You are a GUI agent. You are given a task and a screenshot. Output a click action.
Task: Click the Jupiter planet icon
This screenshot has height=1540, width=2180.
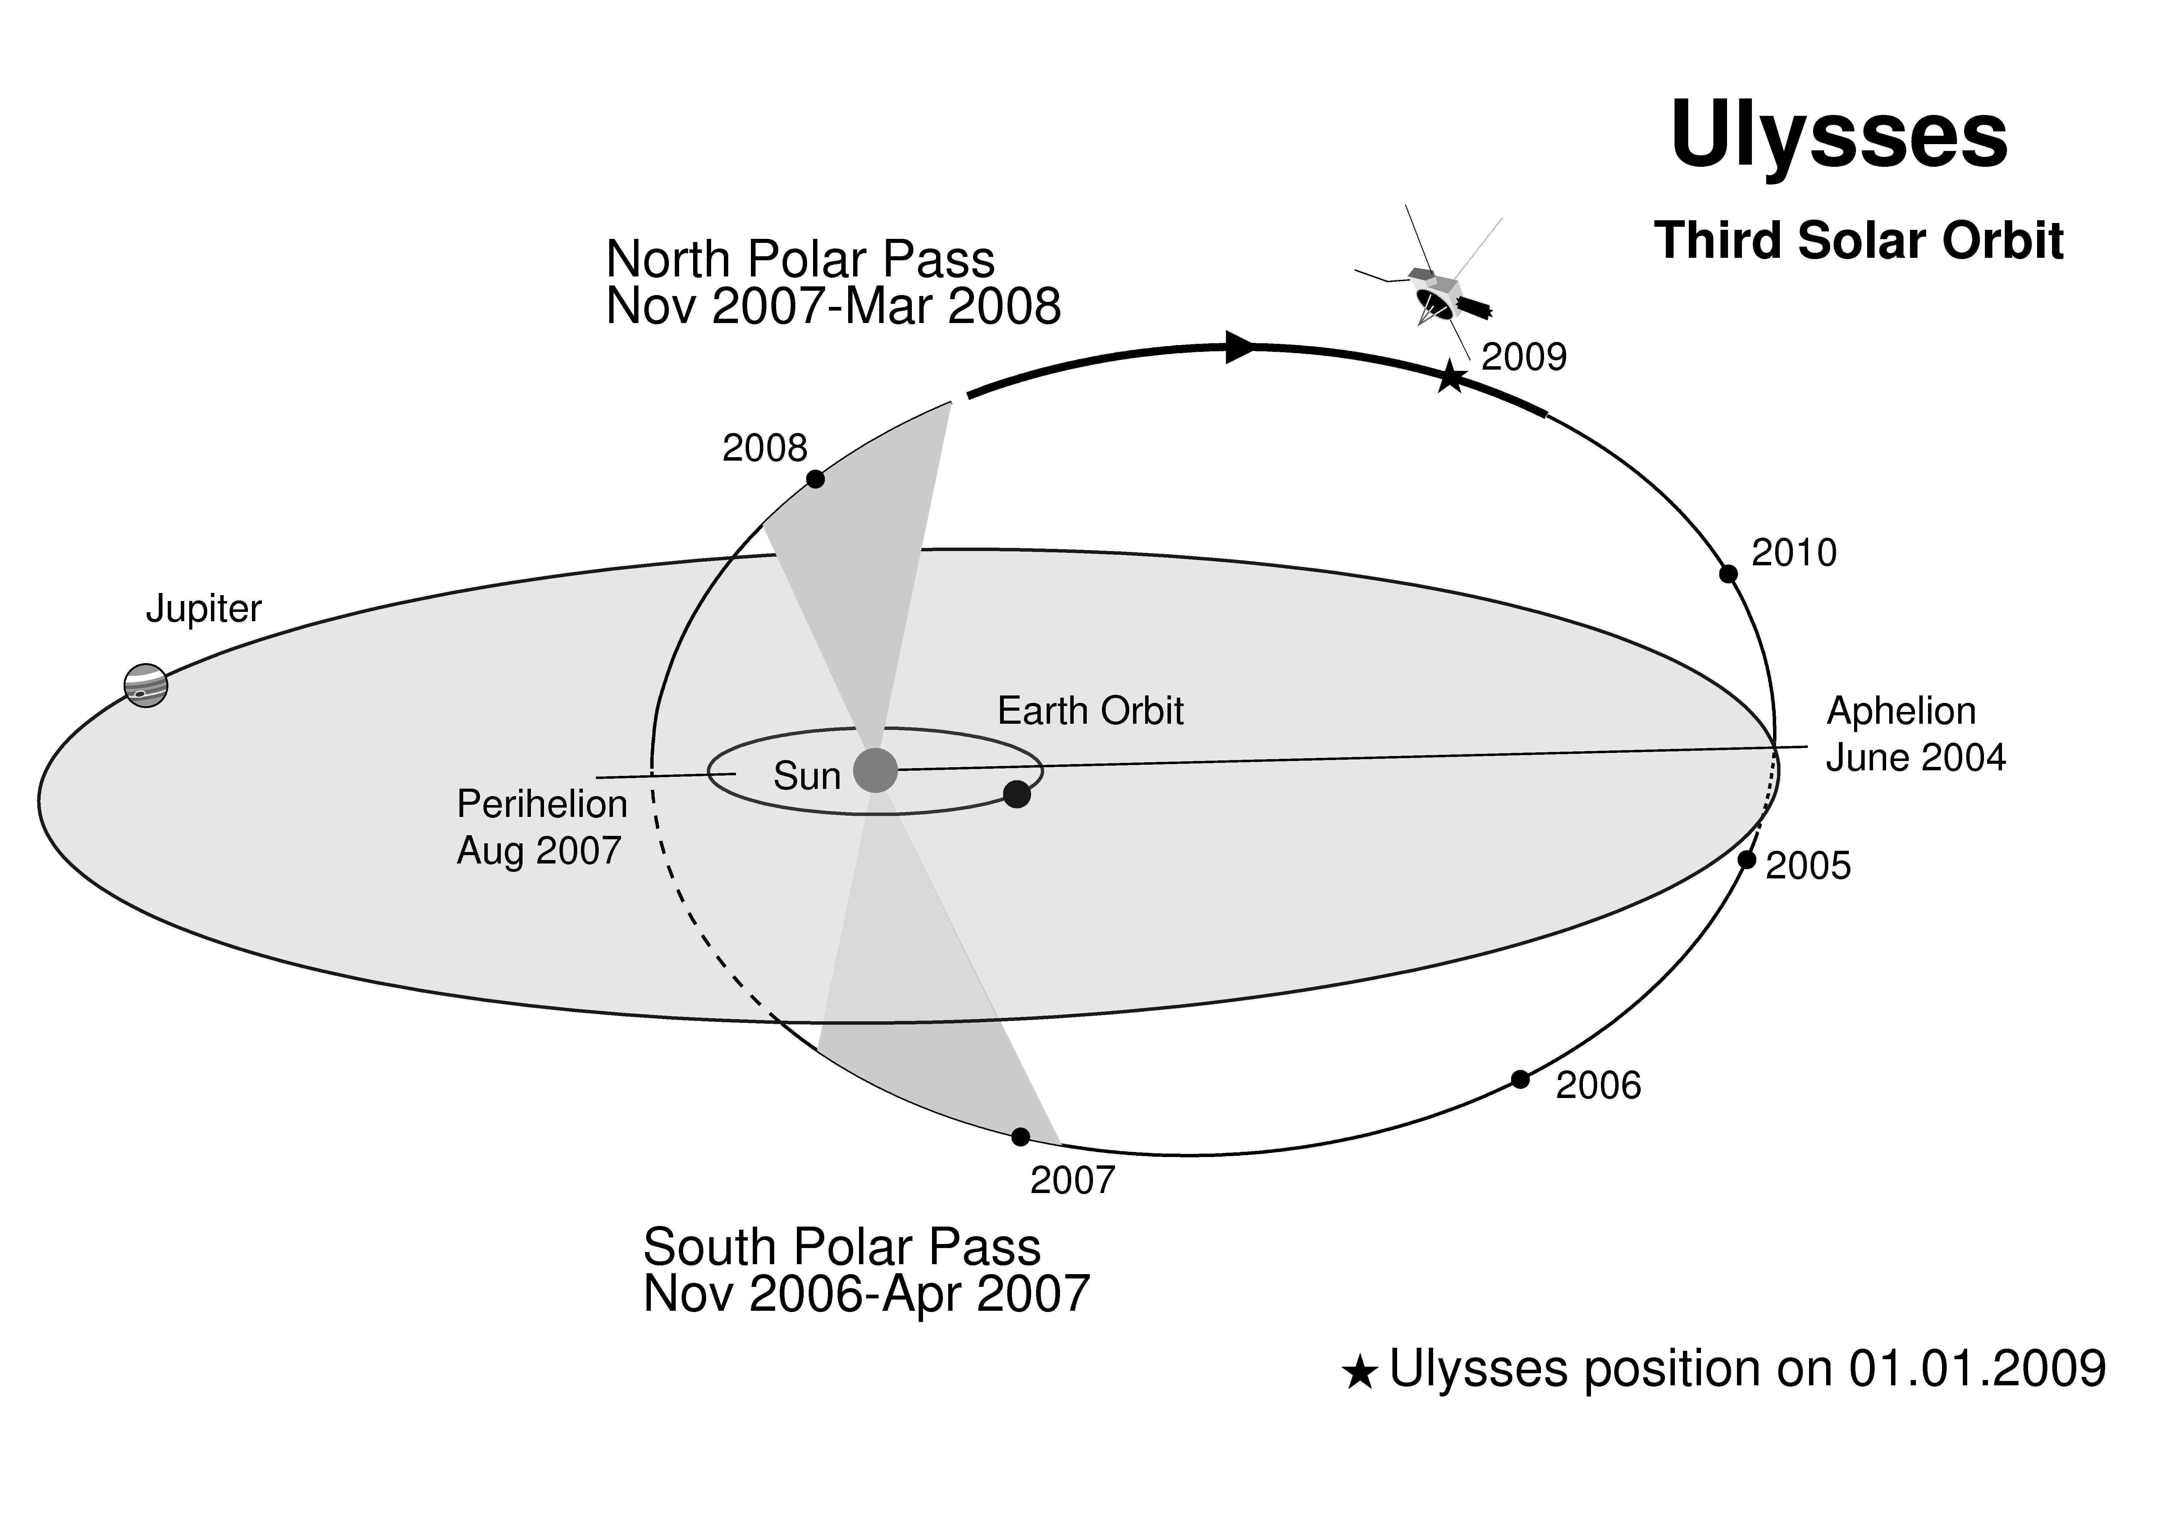(146, 686)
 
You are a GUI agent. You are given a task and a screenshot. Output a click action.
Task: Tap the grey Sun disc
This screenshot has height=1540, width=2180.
(875, 770)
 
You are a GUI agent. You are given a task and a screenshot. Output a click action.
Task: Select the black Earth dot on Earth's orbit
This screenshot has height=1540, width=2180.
(1017, 794)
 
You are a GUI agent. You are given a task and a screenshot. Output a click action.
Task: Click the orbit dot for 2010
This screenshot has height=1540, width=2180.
(1729, 573)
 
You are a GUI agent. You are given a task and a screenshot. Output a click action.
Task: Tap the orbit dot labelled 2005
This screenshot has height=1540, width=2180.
(1747, 859)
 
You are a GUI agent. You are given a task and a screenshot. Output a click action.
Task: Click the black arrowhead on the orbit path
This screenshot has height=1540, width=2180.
(1241, 348)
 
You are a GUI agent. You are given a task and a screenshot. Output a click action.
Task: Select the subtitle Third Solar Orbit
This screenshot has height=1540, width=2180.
(1858, 240)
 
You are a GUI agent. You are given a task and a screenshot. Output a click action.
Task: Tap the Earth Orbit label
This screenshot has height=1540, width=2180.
(1090, 711)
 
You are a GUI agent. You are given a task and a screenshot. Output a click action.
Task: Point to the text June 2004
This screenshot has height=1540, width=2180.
(1916, 758)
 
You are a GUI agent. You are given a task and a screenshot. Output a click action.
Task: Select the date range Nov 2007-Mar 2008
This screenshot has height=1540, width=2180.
(833, 307)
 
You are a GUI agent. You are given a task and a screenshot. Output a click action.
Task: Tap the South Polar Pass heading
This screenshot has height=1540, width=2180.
(841, 1246)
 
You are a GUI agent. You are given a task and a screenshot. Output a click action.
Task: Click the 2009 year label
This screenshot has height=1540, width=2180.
(1524, 357)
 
